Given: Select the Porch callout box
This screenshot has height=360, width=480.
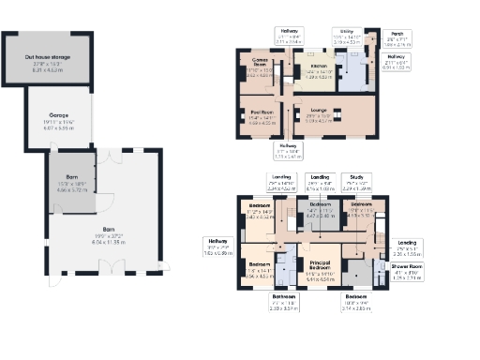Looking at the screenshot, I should (x=398, y=38).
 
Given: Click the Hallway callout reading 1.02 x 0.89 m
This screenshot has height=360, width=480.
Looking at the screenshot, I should (x=217, y=249).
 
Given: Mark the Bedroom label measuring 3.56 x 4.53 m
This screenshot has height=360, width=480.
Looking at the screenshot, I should (x=258, y=273).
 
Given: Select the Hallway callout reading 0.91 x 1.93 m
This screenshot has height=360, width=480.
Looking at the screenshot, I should (x=401, y=64).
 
